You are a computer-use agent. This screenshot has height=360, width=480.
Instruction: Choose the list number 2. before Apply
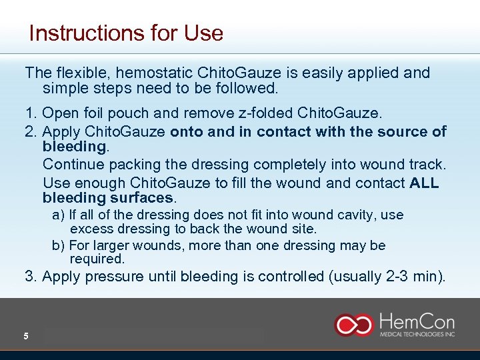tap(31, 131)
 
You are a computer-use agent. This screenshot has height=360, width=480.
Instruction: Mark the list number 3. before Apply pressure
tap(31, 277)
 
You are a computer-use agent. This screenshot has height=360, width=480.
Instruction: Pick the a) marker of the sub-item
tap(58, 215)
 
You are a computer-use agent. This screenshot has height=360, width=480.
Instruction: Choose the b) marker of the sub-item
tap(58, 245)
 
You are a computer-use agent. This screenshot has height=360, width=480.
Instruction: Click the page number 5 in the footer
tap(26, 336)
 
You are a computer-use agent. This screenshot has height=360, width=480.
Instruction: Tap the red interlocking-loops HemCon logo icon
tap(353, 325)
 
